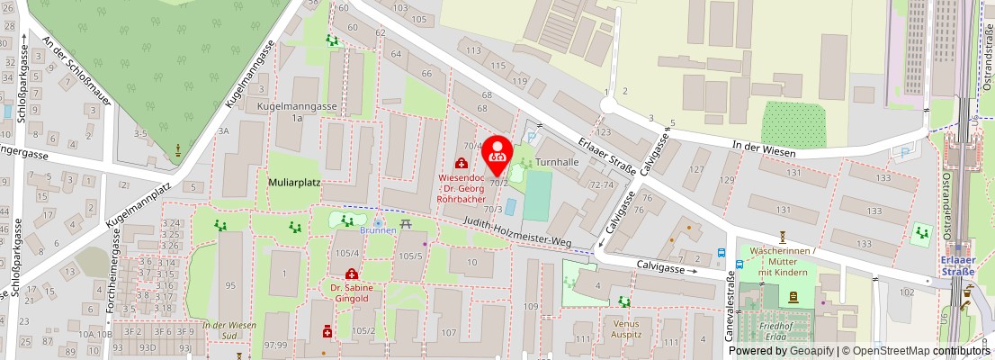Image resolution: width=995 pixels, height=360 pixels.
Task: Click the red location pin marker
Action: [498, 155]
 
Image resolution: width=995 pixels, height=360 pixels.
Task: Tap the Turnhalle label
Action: [557, 162]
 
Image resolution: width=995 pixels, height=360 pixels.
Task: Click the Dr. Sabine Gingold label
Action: [351, 292]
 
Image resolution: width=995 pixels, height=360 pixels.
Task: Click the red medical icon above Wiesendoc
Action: [462, 163]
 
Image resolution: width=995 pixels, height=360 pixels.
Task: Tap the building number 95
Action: [230, 286]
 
